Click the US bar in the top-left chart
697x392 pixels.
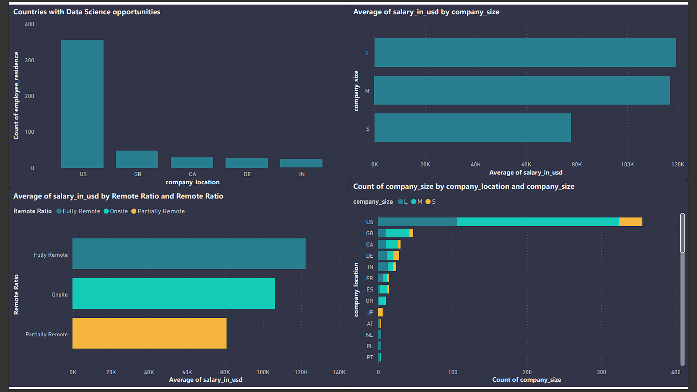(82, 104)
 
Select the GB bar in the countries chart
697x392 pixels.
(137, 159)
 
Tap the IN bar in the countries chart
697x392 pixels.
(301, 163)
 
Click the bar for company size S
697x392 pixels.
(472, 128)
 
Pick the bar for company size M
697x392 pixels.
(521, 90)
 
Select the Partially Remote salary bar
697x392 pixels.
(149, 333)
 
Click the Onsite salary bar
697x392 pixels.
(173, 293)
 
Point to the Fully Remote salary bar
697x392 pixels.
(189, 254)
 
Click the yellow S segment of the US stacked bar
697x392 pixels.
(630, 222)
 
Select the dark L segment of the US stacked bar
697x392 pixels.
(417, 222)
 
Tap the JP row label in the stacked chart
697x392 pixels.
(370, 312)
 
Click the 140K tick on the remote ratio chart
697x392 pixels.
(339, 372)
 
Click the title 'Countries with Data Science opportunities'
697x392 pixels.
(87, 12)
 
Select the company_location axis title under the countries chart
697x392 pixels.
(192, 182)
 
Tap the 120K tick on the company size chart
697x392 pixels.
(678, 165)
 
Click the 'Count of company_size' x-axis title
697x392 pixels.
(527, 380)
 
